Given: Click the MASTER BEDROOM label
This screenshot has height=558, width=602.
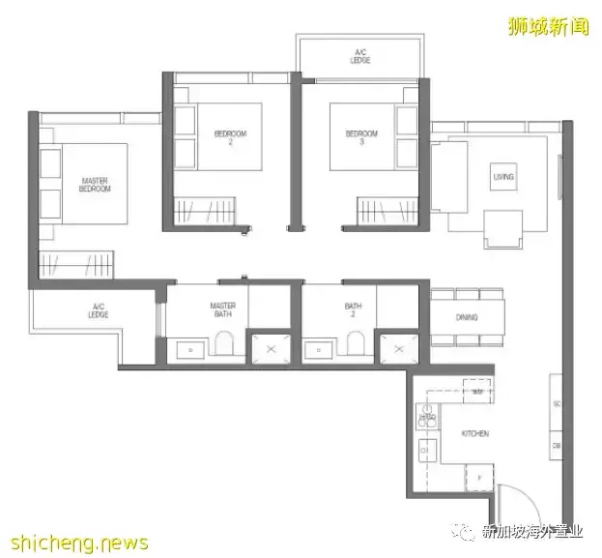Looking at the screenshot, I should point(95,184).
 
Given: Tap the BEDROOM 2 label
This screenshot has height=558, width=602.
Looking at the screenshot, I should point(230,135).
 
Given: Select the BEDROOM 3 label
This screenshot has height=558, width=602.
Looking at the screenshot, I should point(361,135).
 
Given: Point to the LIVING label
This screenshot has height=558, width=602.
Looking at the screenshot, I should point(503,177).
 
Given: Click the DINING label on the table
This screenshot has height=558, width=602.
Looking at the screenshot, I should point(467,317).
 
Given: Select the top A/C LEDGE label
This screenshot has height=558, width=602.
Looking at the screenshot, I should point(360,55).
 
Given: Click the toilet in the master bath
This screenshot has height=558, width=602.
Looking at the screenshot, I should point(224,345).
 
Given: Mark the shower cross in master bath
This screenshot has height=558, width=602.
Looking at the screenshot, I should point(270,348).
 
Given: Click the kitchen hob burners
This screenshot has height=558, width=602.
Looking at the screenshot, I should point(426,417).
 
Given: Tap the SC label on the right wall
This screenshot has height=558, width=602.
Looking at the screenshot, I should point(558,403).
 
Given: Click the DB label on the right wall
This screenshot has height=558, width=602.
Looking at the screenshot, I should point(558,447).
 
